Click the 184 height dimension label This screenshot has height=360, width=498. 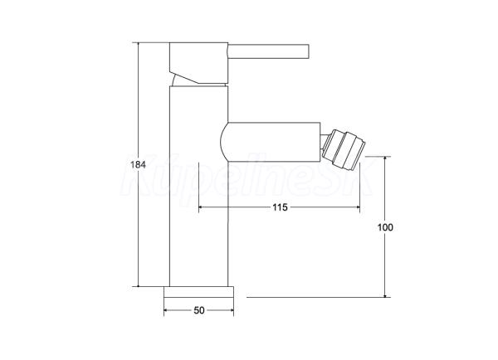138,165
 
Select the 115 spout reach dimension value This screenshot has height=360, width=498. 280,207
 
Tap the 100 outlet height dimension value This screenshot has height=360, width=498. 385,227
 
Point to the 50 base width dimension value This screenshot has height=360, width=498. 199,310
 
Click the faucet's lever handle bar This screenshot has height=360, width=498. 268,51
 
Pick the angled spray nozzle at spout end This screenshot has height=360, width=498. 343,149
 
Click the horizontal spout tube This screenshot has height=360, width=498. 270,141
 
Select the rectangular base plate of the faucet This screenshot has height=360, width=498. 199,292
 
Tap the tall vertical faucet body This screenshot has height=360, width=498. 199,186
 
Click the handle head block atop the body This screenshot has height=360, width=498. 199,63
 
